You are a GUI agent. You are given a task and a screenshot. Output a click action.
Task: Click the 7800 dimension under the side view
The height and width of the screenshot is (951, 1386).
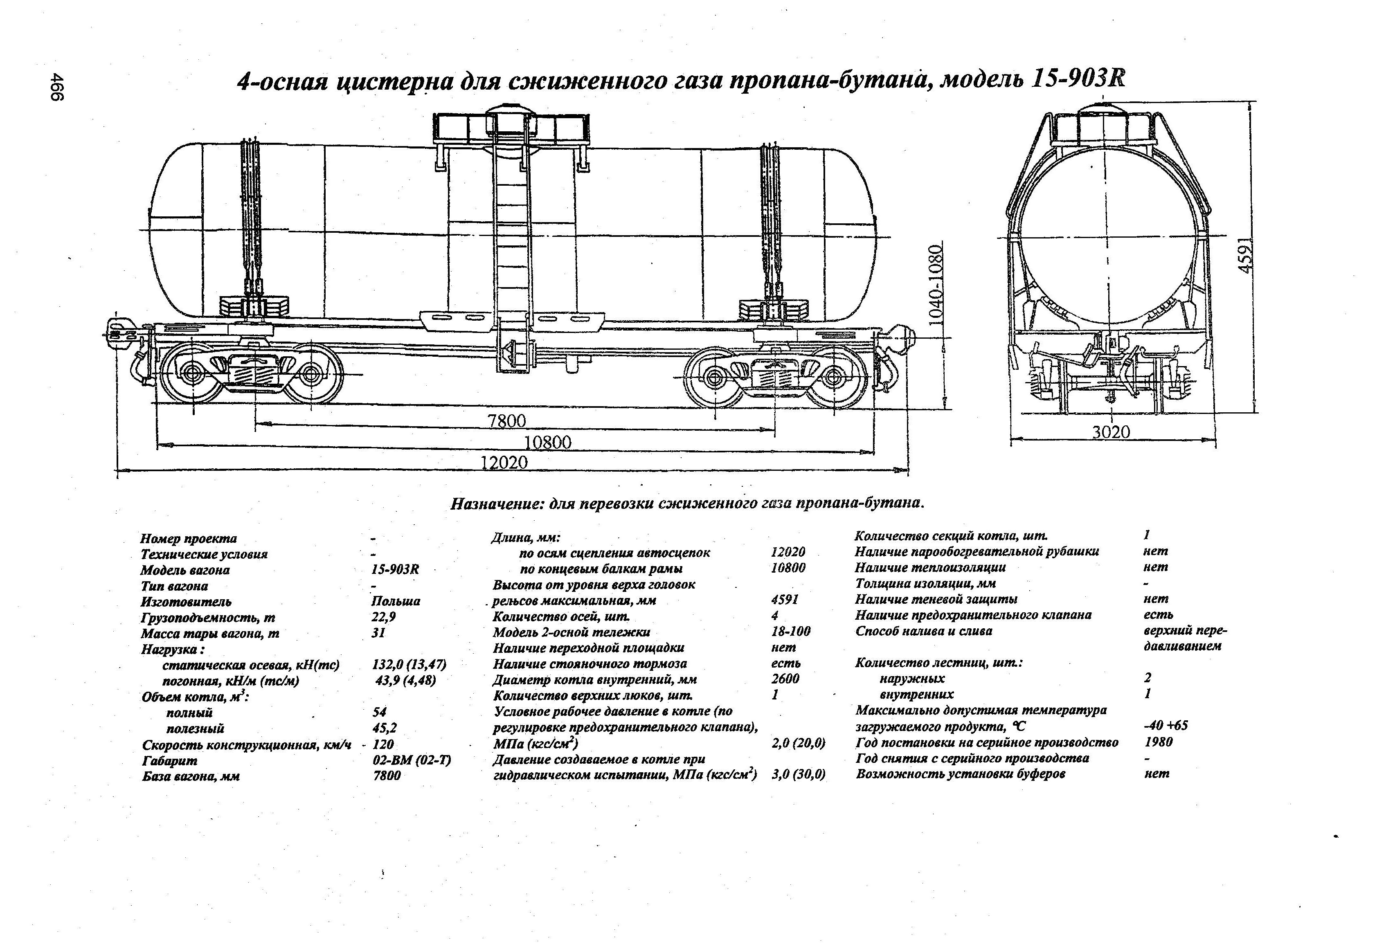(507, 421)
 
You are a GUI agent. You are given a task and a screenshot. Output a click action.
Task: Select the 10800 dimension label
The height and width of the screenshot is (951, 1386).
(547, 442)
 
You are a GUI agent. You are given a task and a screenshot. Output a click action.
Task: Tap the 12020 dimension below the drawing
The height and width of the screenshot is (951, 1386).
(504, 463)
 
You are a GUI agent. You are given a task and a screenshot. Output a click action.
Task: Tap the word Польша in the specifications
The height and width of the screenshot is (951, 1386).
(396, 601)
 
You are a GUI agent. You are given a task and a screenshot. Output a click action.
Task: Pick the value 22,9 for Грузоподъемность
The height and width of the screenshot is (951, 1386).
(383, 616)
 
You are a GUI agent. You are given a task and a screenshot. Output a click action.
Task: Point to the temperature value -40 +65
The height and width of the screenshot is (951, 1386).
(1166, 726)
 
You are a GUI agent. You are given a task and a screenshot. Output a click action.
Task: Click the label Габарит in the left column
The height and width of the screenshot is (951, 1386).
(169, 761)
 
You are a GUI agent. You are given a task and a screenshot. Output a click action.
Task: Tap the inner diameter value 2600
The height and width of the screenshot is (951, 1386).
(785, 679)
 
